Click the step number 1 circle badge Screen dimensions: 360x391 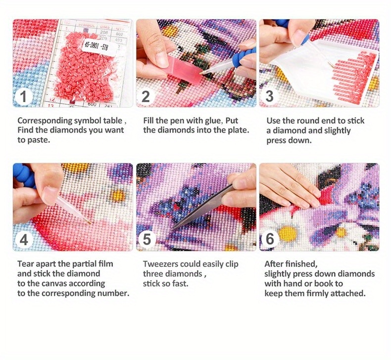click(22, 96)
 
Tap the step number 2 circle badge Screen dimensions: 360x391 click(146, 96)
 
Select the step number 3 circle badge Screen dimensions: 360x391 click(269, 96)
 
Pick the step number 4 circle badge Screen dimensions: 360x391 click(23, 240)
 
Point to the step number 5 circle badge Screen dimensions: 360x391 click(146, 240)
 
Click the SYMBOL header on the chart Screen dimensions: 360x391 click(87, 23)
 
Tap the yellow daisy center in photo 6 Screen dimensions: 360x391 click(288, 233)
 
